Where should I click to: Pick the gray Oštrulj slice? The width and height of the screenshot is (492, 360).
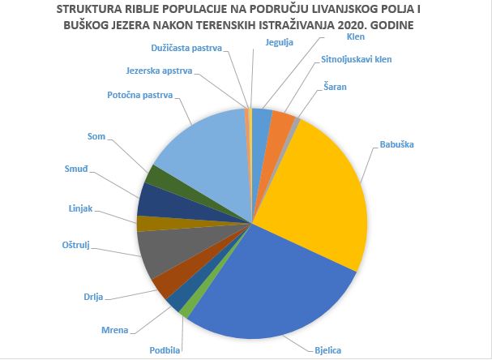[162, 253]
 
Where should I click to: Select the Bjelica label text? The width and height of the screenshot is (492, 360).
[328, 349]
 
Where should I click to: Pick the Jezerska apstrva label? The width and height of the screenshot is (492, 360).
[160, 71]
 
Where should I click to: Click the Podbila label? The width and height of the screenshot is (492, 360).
[166, 349]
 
